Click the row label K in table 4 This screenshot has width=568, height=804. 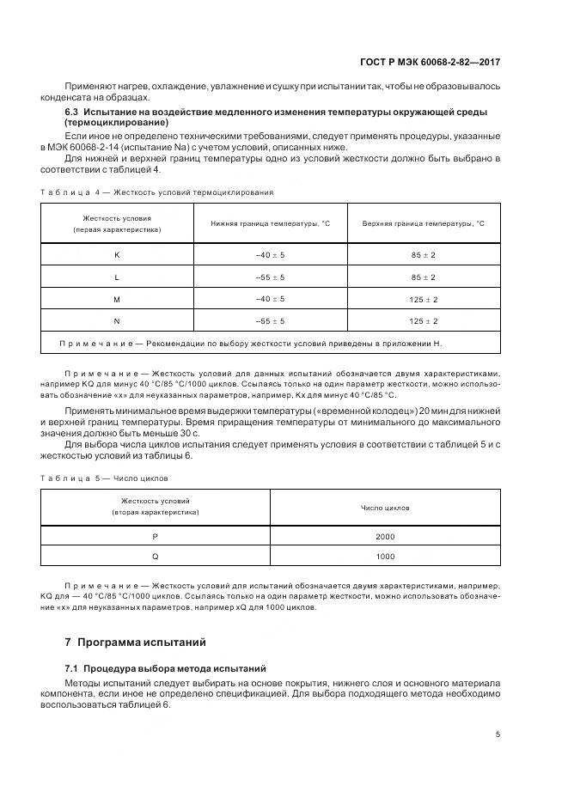click(117, 255)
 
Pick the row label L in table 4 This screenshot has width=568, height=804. click(117, 277)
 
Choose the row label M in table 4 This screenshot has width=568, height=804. click(117, 299)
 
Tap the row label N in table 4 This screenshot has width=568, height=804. click(117, 320)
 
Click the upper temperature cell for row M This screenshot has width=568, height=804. click(423, 299)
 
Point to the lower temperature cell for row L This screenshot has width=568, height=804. click(270, 277)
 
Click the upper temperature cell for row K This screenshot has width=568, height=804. click(423, 255)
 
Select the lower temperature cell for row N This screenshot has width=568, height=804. click(270, 320)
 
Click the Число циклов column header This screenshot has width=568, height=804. click(385, 508)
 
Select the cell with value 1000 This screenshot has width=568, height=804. click(385, 556)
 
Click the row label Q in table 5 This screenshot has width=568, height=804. click(156, 556)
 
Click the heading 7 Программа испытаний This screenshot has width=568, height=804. click(135, 643)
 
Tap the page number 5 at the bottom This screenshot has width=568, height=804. click(498, 734)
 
